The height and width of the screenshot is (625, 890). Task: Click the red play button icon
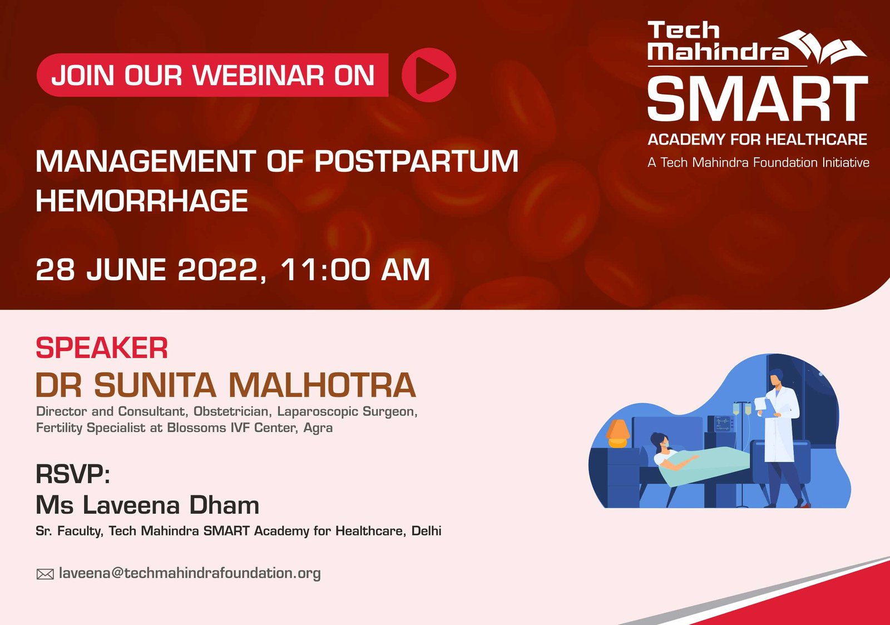429,75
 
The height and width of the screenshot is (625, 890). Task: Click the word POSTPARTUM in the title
416,162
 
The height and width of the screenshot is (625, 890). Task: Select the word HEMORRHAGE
142,201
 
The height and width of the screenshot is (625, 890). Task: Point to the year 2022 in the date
217,270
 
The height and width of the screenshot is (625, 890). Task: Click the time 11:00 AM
355,270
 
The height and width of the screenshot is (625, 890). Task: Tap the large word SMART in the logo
757,100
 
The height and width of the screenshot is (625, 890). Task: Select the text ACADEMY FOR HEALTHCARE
757,140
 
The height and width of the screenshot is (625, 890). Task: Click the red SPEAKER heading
102,349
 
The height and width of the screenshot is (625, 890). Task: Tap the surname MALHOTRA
322,385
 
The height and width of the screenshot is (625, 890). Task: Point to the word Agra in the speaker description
318,428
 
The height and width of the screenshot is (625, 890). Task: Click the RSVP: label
73,475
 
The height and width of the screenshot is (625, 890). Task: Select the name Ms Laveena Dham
147,505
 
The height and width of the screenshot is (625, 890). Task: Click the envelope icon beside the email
45,574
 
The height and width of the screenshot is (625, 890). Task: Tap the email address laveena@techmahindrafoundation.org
190,573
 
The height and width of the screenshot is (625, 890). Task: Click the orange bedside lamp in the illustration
617,433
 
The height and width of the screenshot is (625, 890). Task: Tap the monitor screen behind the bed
723,424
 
